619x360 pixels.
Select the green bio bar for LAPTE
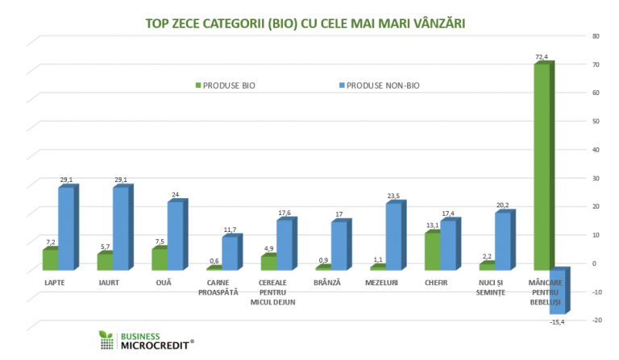click(50, 259)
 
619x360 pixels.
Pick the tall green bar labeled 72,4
click(543, 164)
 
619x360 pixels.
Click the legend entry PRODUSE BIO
click(229, 85)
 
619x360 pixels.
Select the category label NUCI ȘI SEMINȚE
click(491, 288)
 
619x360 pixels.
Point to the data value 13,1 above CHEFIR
click(432, 226)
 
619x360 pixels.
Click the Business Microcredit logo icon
click(106, 340)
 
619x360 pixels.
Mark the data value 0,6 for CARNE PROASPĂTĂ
click(214, 261)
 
